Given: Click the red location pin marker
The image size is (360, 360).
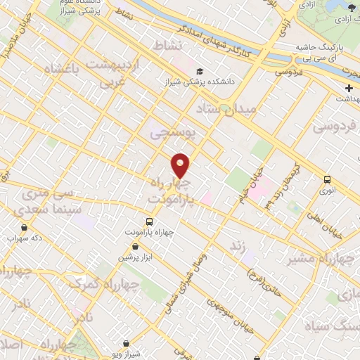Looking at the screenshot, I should click(x=181, y=165).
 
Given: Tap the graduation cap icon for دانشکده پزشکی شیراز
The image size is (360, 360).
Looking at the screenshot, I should click(x=200, y=71).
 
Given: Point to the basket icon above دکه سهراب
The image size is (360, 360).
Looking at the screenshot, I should click(x=25, y=227).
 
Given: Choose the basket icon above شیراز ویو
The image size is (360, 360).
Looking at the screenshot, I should click(x=126, y=343).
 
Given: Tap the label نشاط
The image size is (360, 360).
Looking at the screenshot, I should click(x=172, y=45).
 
